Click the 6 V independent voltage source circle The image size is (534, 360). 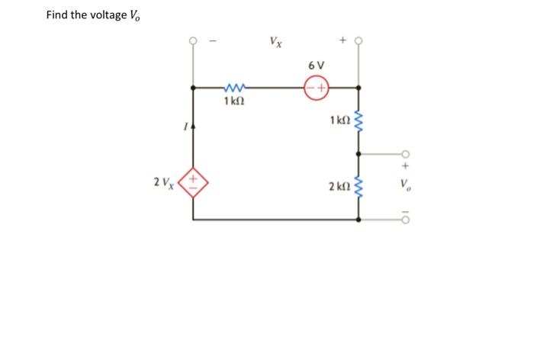click(x=317, y=88)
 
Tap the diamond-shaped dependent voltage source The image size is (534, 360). click(x=193, y=185)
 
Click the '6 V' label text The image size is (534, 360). click(x=317, y=66)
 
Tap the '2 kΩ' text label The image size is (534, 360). click(x=339, y=185)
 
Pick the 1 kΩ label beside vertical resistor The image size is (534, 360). click(x=339, y=120)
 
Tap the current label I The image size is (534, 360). click(x=182, y=127)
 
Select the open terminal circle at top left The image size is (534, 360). click(x=193, y=40)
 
